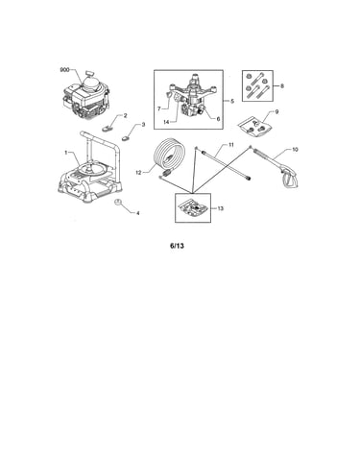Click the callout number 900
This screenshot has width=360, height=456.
click(x=64, y=69)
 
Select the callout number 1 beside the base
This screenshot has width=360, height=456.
click(x=66, y=153)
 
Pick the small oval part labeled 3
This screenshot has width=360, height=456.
click(x=125, y=138)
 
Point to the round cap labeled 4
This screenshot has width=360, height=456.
click(x=118, y=202)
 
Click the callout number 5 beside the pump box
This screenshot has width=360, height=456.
click(x=232, y=101)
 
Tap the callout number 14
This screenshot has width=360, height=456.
click(x=166, y=122)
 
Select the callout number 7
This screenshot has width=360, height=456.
click(x=159, y=108)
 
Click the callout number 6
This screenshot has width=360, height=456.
click(x=218, y=119)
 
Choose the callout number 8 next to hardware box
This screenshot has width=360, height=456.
click(x=282, y=85)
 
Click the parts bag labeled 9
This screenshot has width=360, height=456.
click(x=256, y=127)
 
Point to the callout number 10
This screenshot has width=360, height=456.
click(x=295, y=150)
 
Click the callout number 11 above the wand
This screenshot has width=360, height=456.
click(x=231, y=145)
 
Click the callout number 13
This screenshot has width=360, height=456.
click(x=221, y=208)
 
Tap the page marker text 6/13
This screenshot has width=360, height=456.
click(x=177, y=246)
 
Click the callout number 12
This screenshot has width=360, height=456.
click(x=138, y=173)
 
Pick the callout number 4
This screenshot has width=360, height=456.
click(x=138, y=213)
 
